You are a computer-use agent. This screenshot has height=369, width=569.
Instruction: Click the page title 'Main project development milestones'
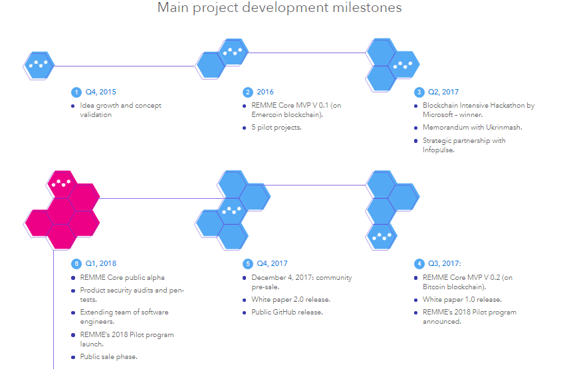click(x=279, y=7)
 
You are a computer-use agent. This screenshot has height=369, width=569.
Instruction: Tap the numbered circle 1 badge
click(x=76, y=92)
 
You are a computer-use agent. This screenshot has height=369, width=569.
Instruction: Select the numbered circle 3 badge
click(x=419, y=92)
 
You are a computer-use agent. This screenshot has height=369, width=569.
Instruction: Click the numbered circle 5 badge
click(x=248, y=264)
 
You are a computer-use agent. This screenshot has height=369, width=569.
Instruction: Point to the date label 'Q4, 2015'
click(x=101, y=92)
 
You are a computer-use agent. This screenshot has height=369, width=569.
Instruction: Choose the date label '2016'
click(x=265, y=92)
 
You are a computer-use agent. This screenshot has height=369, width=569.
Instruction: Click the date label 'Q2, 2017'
click(x=443, y=92)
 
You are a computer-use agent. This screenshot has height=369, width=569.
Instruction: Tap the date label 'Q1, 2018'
click(x=101, y=264)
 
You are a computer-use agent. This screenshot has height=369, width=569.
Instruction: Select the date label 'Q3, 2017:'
click(x=445, y=264)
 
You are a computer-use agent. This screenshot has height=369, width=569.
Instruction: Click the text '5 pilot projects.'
click(x=277, y=128)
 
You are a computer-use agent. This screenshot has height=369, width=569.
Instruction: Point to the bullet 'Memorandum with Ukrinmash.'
click(x=473, y=128)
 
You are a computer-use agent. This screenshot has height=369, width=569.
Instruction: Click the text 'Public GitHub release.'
click(x=287, y=312)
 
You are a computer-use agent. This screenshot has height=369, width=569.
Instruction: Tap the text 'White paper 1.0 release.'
click(x=463, y=300)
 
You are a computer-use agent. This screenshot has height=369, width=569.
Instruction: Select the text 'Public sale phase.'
click(x=109, y=357)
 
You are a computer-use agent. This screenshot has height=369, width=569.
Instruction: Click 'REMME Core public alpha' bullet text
click(x=122, y=277)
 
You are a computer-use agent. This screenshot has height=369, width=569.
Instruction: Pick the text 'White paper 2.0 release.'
click(x=291, y=300)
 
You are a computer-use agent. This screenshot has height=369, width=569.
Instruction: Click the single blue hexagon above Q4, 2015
click(x=39, y=65)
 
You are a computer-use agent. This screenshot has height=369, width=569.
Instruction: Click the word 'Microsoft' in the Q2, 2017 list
click(x=438, y=114)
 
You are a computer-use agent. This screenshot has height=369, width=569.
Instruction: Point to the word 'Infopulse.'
click(x=438, y=150)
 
